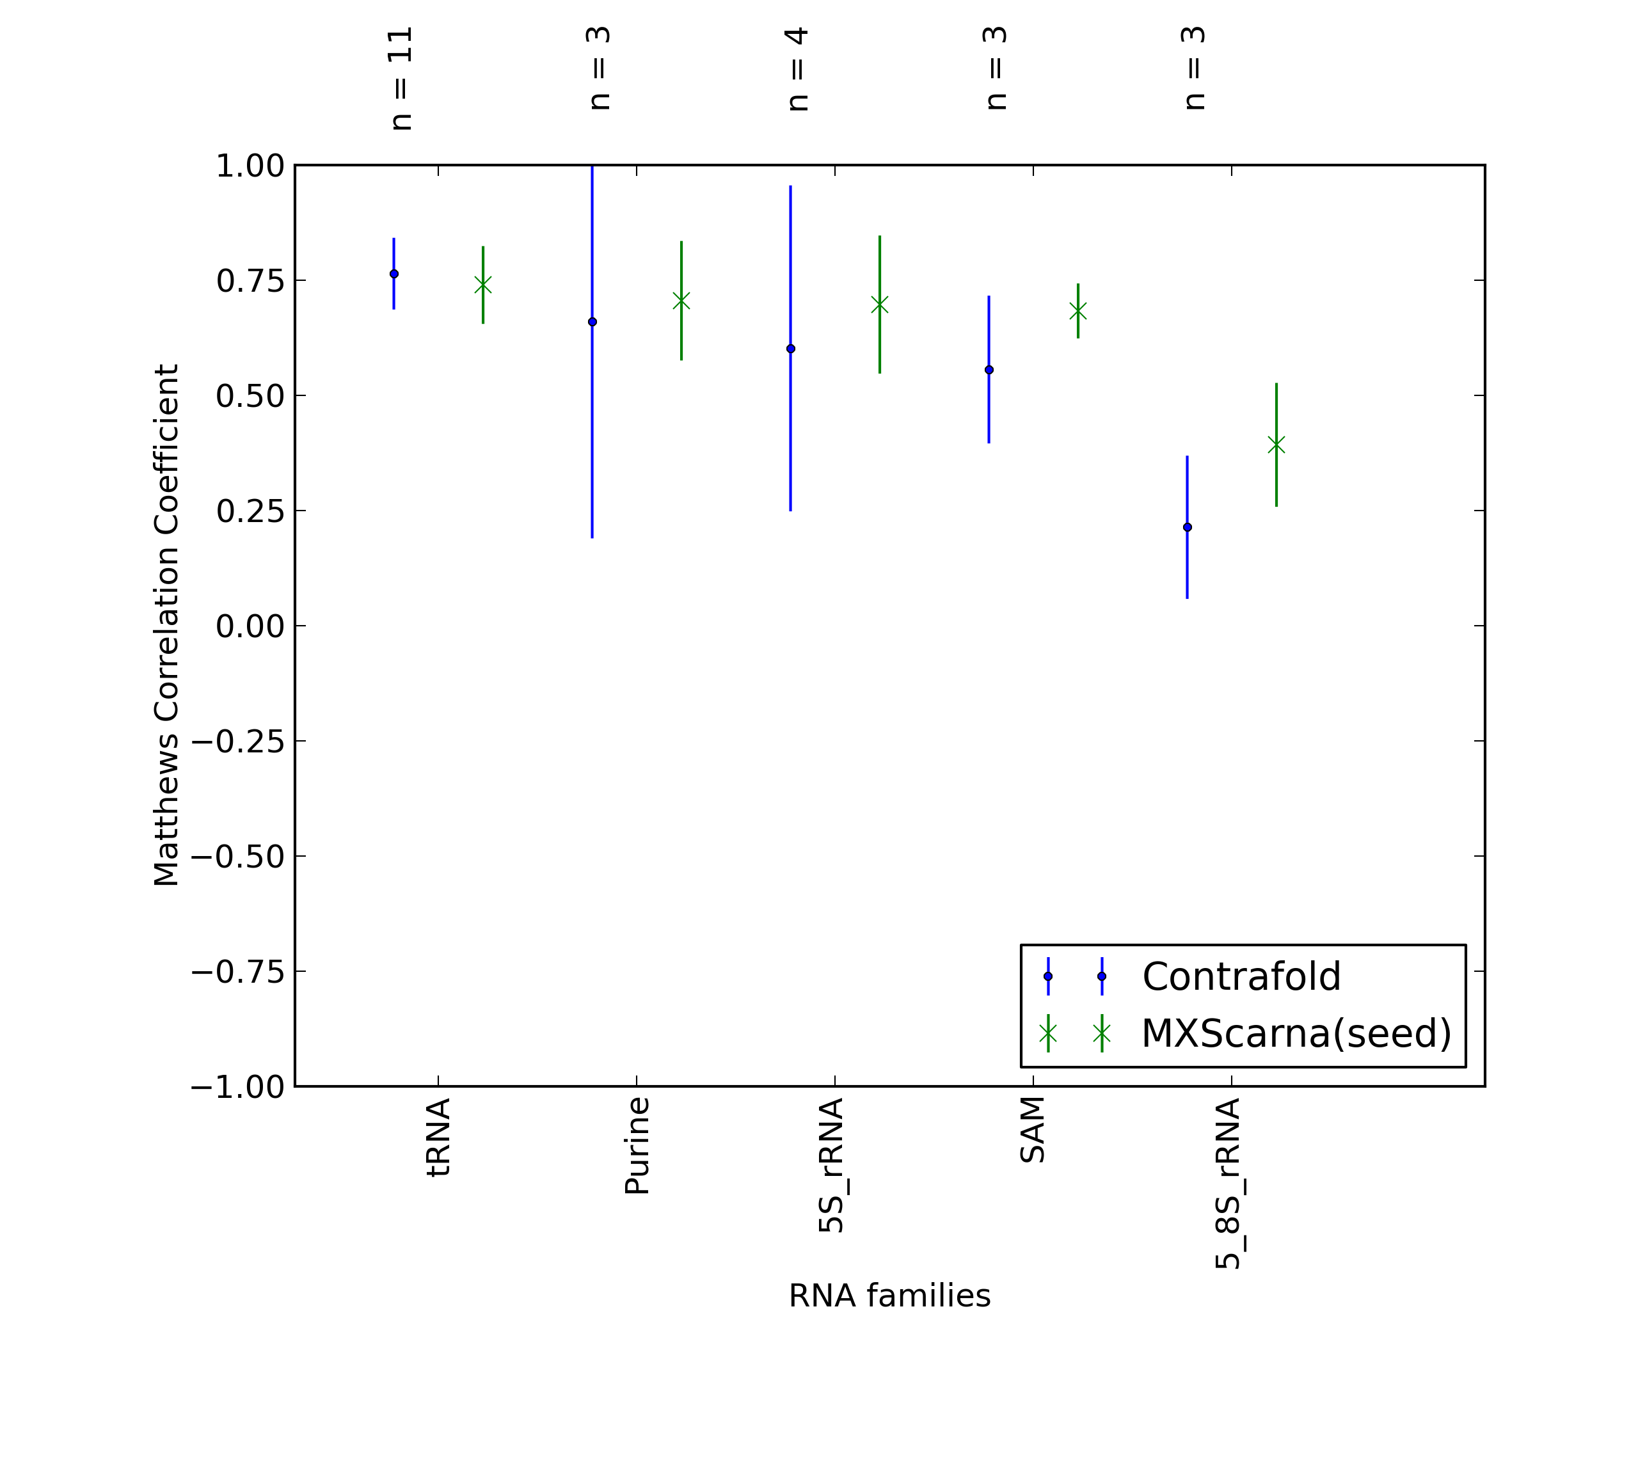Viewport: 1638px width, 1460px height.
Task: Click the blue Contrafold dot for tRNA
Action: point(394,274)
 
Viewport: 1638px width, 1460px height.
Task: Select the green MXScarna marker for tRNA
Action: point(483,285)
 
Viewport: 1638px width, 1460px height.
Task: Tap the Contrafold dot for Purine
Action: point(592,322)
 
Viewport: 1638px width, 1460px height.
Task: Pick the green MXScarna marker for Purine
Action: point(681,301)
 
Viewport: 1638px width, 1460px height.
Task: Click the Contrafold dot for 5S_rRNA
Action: point(791,349)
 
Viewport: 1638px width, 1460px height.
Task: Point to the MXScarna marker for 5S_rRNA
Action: point(880,305)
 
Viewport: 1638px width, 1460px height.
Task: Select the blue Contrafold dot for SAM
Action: point(989,370)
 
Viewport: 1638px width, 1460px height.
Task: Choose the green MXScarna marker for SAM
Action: point(1078,311)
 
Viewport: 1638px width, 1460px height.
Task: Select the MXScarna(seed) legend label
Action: point(1297,1033)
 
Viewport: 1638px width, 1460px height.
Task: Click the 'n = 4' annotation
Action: point(797,69)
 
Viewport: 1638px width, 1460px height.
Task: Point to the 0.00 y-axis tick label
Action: point(250,626)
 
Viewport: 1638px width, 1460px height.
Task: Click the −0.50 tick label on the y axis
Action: point(238,857)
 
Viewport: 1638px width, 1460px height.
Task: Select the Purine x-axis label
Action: point(637,1147)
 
